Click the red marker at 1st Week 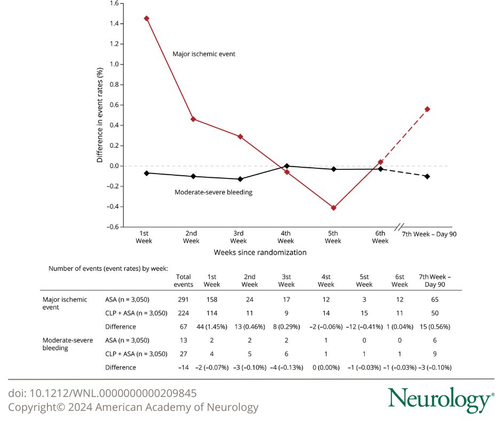(146, 18)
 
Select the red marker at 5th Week (333, 208)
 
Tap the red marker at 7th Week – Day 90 (427, 109)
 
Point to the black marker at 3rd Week (240, 179)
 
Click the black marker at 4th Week (287, 166)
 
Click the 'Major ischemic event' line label (203, 54)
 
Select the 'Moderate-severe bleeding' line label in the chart (214, 192)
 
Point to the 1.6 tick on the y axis (113, 3)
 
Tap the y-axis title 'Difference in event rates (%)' (99, 115)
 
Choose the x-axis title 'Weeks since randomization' (260, 252)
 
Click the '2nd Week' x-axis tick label (191, 237)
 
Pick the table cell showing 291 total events (183, 300)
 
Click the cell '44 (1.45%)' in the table (211, 326)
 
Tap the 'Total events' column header (183, 280)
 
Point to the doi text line (103, 394)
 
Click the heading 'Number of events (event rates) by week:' (108, 268)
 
